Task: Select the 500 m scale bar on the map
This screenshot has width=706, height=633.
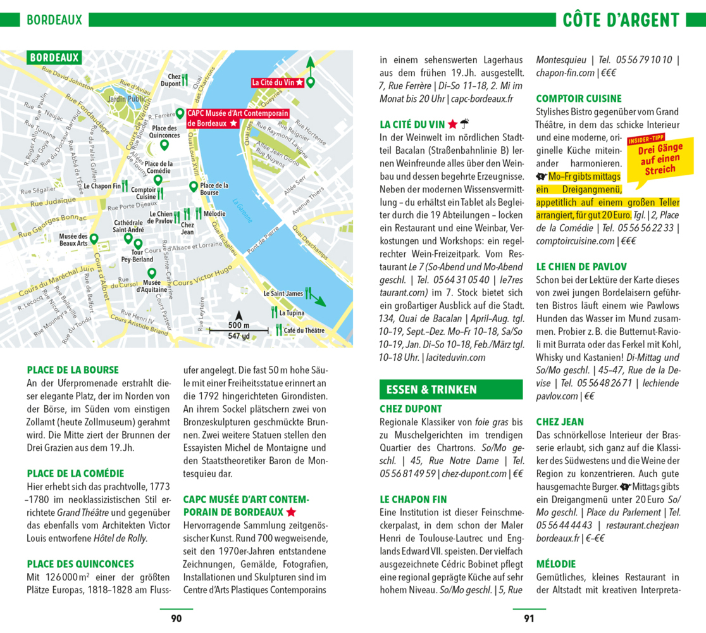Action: point(238,330)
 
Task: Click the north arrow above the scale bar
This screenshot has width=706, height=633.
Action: point(238,316)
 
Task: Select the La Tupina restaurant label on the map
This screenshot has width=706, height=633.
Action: point(292,313)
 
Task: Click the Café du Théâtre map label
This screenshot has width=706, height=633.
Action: point(304,330)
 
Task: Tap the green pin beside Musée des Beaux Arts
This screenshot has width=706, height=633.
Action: point(94,239)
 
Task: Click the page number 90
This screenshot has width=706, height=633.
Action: point(176,618)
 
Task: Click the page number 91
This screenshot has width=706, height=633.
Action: point(529,618)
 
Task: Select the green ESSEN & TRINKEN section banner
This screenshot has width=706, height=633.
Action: point(450,389)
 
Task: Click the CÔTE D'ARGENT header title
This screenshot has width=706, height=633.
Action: point(621,20)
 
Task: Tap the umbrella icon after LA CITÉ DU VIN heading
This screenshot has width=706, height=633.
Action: point(464,124)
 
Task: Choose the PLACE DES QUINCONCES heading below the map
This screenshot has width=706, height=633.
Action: point(80,564)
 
